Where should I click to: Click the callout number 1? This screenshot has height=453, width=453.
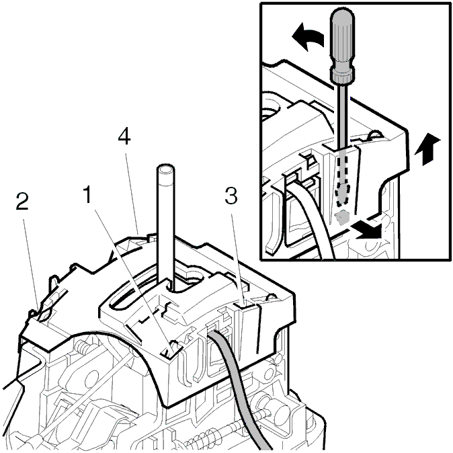pyautogui.click(x=87, y=194)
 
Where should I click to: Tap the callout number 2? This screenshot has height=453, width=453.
pyautogui.click(x=22, y=202)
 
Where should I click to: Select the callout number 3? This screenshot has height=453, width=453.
pyautogui.click(x=231, y=196)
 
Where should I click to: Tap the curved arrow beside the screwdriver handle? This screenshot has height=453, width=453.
pyautogui.click(x=307, y=37)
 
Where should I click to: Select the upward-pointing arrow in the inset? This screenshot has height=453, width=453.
pyautogui.click(x=427, y=149)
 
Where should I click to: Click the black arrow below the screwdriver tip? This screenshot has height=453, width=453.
pyautogui.click(x=366, y=229)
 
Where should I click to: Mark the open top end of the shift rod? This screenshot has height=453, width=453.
pyautogui.click(x=166, y=169)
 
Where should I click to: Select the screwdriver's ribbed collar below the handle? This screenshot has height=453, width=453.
pyautogui.click(x=343, y=75)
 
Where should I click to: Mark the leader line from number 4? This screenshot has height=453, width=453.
pyautogui.click(x=132, y=194)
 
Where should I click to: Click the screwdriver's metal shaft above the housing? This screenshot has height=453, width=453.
pyautogui.click(x=343, y=115)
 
